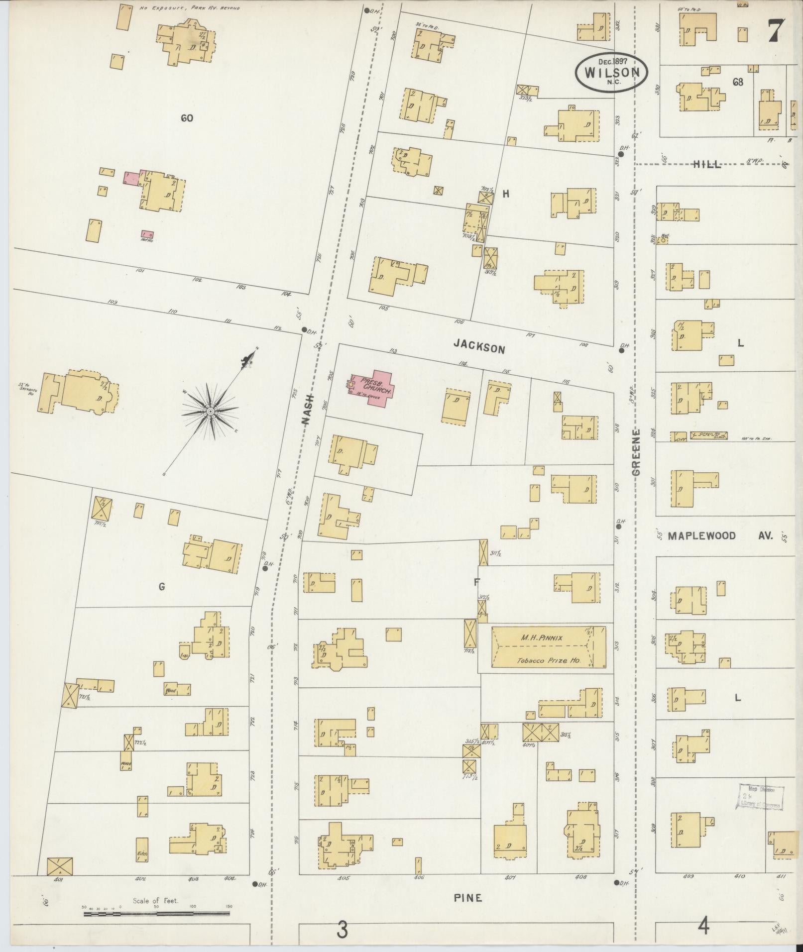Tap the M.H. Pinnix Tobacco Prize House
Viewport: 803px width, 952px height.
549,647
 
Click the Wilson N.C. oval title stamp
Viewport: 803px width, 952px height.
612,73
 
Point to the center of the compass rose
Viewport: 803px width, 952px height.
210,411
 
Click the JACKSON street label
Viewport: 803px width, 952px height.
479,348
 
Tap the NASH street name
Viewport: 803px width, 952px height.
308,409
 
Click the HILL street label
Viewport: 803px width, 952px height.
707,165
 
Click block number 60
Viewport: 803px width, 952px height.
187,118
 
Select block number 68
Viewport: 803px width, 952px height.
738,82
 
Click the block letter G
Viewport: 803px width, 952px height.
161,587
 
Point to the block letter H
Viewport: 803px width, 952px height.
506,194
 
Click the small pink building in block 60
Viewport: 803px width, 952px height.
131,179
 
